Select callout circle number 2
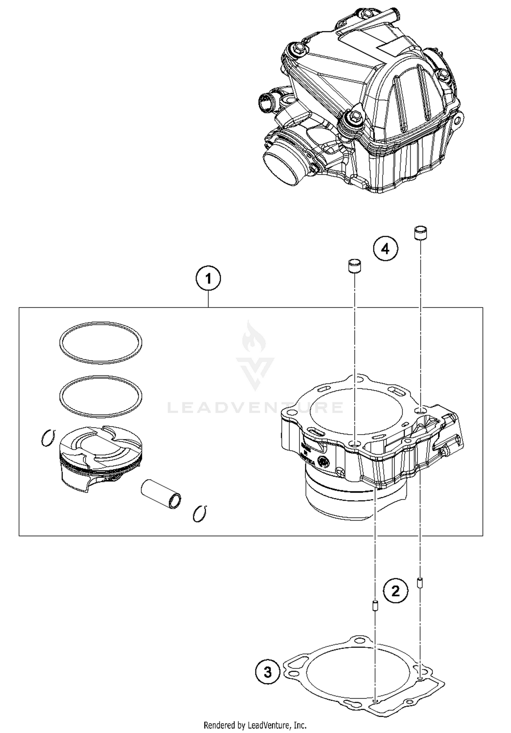click(396, 591)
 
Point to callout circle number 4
click(385, 249)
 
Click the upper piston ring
click(100, 342)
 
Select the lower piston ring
click(100, 396)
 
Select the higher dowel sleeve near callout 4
click(420, 233)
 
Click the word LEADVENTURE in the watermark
click(255, 408)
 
